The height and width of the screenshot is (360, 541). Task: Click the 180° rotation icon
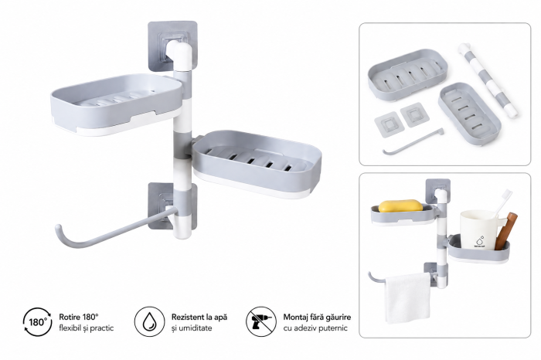pyautogui.click(x=38, y=322)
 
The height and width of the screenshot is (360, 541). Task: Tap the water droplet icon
pyautogui.click(x=149, y=322)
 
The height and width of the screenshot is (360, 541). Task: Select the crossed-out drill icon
pyautogui.click(x=261, y=322)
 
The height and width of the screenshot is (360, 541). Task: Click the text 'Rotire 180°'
pyautogui.click(x=79, y=317)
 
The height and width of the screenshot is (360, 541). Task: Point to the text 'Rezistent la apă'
pyautogui.click(x=199, y=317)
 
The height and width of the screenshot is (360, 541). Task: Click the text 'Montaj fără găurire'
pyautogui.click(x=317, y=317)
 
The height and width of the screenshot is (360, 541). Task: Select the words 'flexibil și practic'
pyautogui.click(x=86, y=328)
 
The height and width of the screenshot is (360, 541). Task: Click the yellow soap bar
pyautogui.click(x=400, y=205)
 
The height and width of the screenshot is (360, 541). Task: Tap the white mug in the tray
pyautogui.click(x=478, y=230)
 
